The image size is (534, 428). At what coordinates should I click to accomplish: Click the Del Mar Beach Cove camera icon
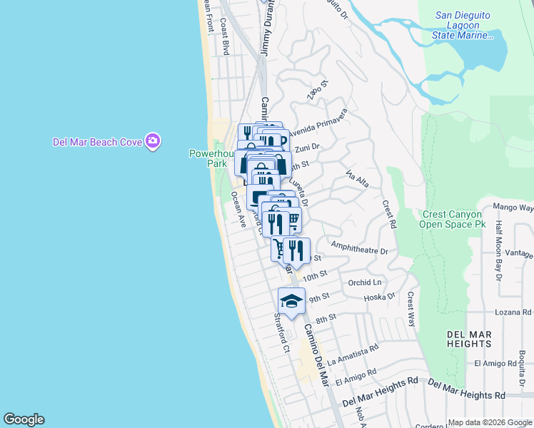(x=152, y=141)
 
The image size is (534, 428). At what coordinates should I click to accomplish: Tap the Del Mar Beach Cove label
(x=97, y=142)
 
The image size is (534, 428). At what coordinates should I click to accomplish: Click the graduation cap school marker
(x=291, y=301)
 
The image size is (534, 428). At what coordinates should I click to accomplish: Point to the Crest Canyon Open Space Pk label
(x=462, y=219)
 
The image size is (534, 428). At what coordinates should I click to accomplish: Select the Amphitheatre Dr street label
(x=359, y=251)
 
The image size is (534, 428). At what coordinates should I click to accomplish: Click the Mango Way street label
(x=513, y=208)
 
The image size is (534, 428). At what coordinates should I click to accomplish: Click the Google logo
(x=24, y=419)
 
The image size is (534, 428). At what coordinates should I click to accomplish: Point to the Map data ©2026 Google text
(x=489, y=422)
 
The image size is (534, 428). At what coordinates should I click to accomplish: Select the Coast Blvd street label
(x=224, y=38)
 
